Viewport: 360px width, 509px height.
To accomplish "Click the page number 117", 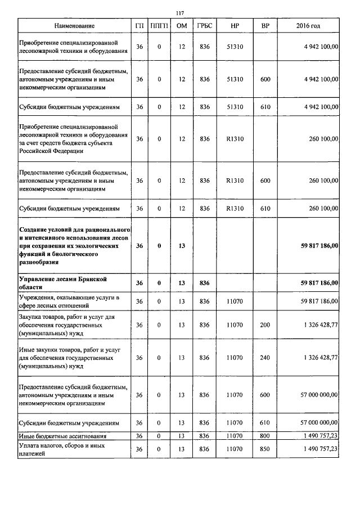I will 180,12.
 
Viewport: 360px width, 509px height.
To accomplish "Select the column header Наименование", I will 74,26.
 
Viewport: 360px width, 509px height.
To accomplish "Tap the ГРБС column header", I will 204,26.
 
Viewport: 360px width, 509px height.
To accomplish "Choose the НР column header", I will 235,26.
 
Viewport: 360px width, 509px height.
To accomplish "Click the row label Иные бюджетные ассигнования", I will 63,436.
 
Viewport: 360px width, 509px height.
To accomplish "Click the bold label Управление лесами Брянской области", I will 63,283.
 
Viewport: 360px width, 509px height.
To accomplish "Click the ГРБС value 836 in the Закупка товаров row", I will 204,325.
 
